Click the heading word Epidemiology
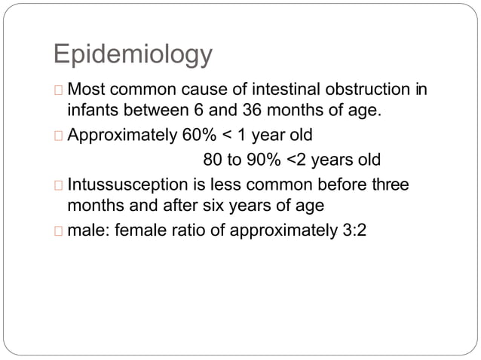[133, 54]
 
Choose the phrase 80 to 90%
[240, 160]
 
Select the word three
[391, 185]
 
